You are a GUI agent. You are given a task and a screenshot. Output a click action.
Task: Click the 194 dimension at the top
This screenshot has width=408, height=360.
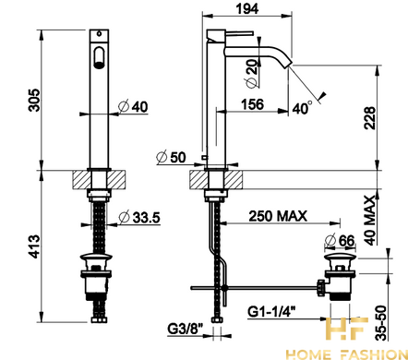click(x=247, y=8)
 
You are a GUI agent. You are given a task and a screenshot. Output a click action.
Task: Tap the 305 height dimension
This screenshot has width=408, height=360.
click(x=34, y=100)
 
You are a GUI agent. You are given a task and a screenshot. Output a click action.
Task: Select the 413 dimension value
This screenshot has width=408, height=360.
click(x=34, y=246)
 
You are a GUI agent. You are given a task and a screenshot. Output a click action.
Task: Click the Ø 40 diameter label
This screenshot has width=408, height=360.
click(x=133, y=106)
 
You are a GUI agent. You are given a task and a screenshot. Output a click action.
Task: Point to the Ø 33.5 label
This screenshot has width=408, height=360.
click(x=139, y=217)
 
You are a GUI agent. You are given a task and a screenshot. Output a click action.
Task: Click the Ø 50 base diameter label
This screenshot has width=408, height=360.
click(x=171, y=158)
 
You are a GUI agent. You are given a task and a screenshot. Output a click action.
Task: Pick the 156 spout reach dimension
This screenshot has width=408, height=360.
click(x=252, y=104)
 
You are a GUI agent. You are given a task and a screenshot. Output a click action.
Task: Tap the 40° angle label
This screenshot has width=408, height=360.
click(x=302, y=108)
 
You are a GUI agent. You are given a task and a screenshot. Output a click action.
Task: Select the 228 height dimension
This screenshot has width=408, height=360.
click(x=370, y=118)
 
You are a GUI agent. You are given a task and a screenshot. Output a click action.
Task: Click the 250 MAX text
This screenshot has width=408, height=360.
click(x=278, y=216)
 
